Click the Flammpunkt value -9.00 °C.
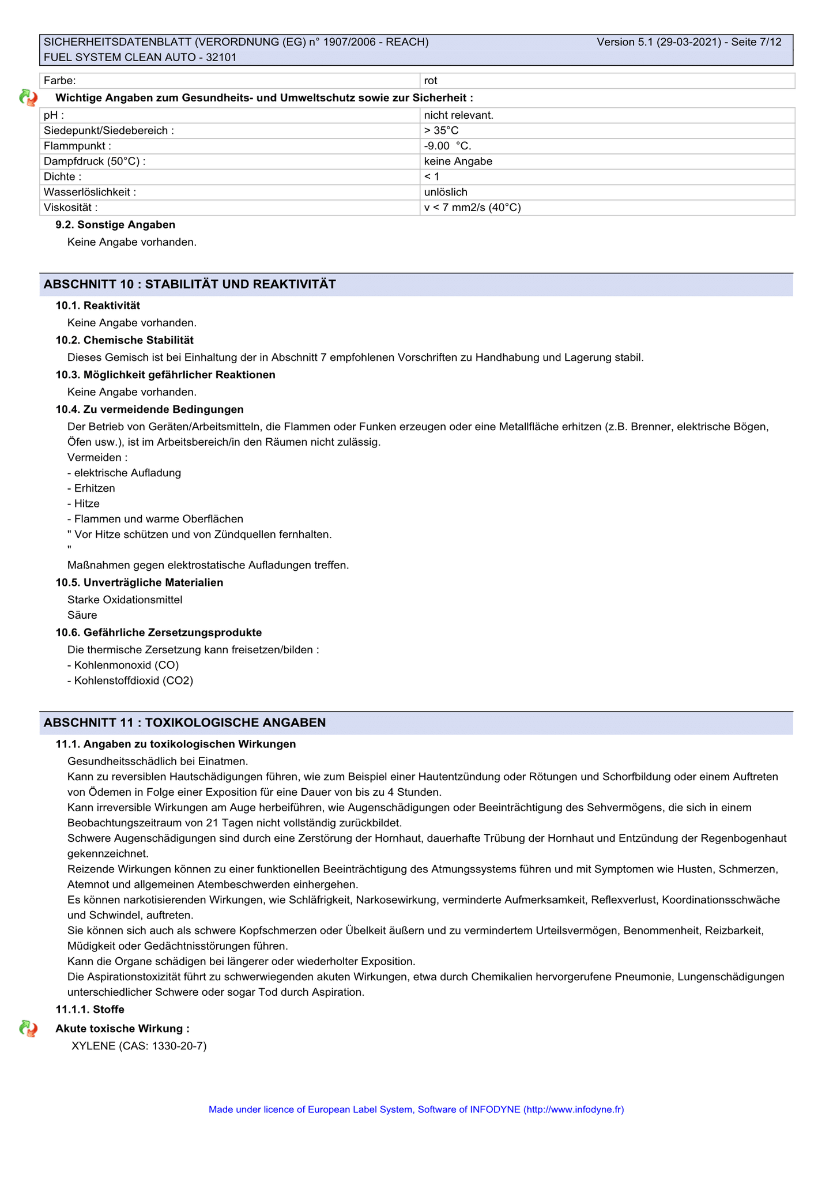(x=447, y=146)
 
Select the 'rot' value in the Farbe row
(x=431, y=81)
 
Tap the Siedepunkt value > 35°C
(x=441, y=130)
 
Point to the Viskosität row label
(x=70, y=208)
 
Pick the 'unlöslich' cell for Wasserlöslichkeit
(x=446, y=192)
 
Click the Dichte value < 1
(x=431, y=176)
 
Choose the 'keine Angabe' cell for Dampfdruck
(x=458, y=161)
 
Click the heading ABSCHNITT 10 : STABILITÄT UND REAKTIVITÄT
(x=190, y=284)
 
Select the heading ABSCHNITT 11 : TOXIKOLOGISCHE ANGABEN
(x=184, y=722)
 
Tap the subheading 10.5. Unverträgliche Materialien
(x=139, y=582)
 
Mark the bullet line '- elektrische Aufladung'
(x=124, y=473)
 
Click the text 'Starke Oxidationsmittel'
(x=125, y=600)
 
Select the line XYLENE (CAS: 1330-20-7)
(x=138, y=1045)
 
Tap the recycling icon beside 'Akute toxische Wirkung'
(x=28, y=1029)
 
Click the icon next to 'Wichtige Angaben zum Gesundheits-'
(x=28, y=98)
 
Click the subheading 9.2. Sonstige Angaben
(x=115, y=225)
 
